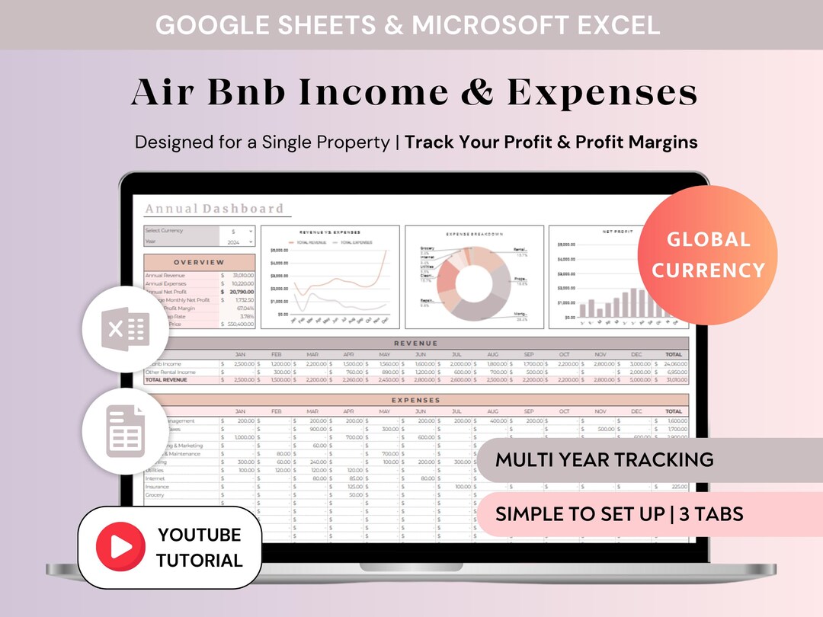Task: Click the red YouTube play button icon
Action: tap(120, 547)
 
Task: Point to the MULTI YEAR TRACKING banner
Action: tap(604, 459)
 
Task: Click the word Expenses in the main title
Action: tap(602, 93)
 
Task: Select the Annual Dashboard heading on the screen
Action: tap(214, 209)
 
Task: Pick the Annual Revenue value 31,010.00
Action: tap(243, 275)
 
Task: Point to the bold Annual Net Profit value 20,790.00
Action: tap(242, 292)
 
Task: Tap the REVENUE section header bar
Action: tap(415, 344)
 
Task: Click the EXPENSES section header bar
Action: tap(415, 400)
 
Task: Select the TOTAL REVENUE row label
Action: tap(164, 379)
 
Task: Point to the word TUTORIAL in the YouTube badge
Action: tap(200, 561)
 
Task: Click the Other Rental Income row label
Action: tap(171, 372)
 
